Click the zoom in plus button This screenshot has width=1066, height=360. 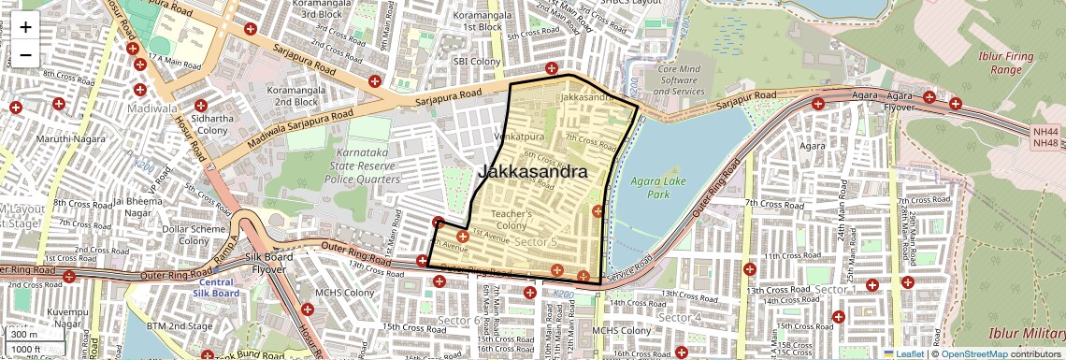coord(25,26)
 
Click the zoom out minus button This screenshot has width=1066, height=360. coord(25,55)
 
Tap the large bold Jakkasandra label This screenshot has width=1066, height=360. coord(534,172)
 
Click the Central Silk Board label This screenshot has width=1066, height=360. coord(215,287)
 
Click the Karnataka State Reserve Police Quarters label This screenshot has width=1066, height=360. coord(363,172)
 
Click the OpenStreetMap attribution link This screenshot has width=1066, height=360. coord(973,353)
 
